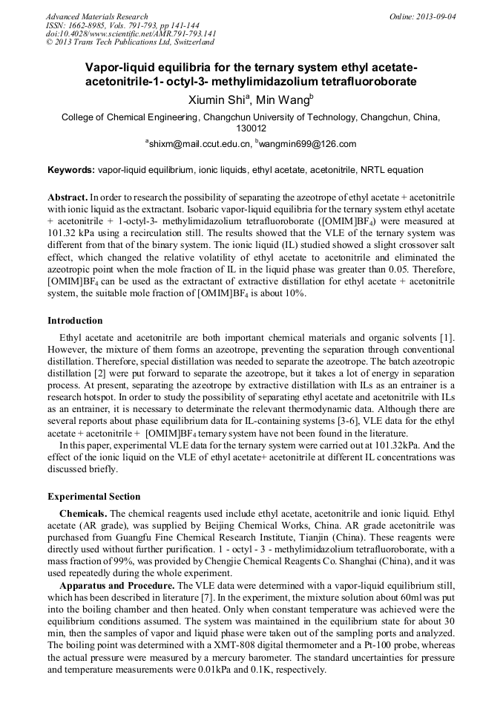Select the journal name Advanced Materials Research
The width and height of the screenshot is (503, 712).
tap(96, 16)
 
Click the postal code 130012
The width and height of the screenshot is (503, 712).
tap(251, 128)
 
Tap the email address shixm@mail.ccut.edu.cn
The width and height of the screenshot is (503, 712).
tap(200, 144)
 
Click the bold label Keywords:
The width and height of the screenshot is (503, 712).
tap(71, 170)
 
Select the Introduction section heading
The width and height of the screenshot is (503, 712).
tap(75, 321)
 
